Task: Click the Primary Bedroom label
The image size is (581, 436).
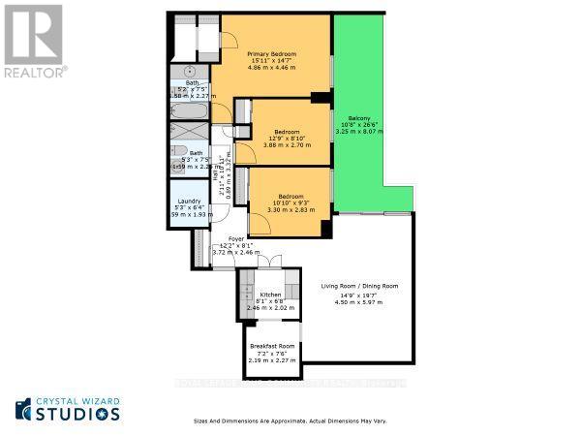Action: click(271, 53)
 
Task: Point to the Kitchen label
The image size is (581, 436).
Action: click(270, 294)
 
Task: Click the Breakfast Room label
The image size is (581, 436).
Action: click(271, 346)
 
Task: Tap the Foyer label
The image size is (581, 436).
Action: click(236, 238)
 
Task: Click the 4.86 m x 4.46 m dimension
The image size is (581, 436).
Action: click(271, 69)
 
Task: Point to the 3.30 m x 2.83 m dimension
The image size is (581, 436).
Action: click(291, 208)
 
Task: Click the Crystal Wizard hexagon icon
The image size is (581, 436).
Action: click(23, 407)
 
